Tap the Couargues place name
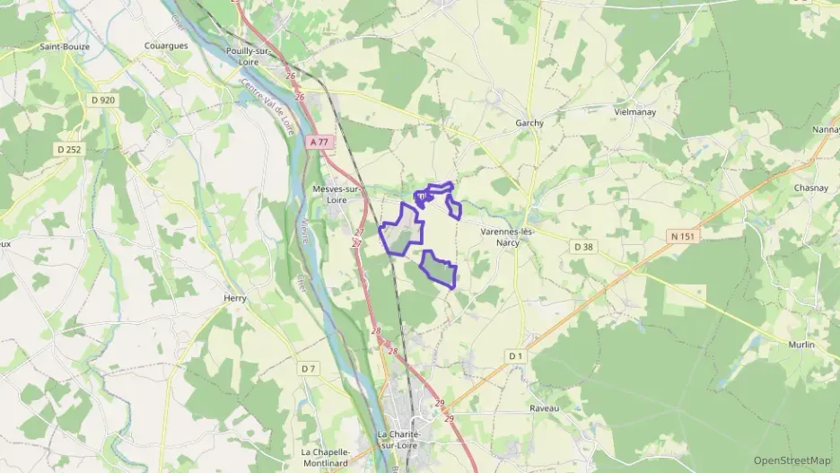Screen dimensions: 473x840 pos(166,45)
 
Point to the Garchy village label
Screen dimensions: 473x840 pos(529,123)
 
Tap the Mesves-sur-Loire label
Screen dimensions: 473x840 pos(337,195)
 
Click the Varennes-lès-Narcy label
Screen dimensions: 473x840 pos(507,236)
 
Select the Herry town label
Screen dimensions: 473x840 pos(234,301)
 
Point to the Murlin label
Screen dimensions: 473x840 pos(802,345)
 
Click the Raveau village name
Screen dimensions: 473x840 pos(544,407)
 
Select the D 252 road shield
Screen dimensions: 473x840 pos(68,149)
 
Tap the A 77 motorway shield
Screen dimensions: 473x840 pos(320,142)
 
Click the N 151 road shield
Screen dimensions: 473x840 pos(683,235)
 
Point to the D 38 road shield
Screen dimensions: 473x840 pos(583,245)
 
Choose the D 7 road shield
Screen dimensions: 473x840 pos(309,368)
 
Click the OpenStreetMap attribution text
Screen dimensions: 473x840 pos(792,460)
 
